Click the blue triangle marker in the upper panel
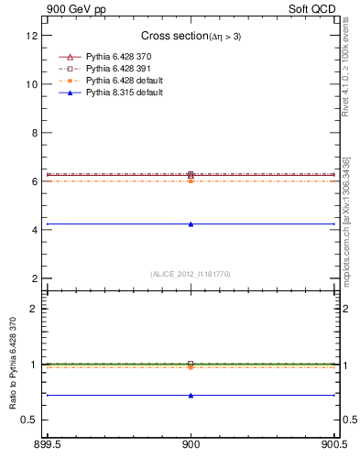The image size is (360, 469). coord(191,224)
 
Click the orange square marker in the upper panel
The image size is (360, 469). coord(191,181)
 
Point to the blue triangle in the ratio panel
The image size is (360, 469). coord(191,396)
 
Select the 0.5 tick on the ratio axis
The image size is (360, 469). coord(28,420)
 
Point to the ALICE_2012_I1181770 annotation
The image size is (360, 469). coord(191,273)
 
